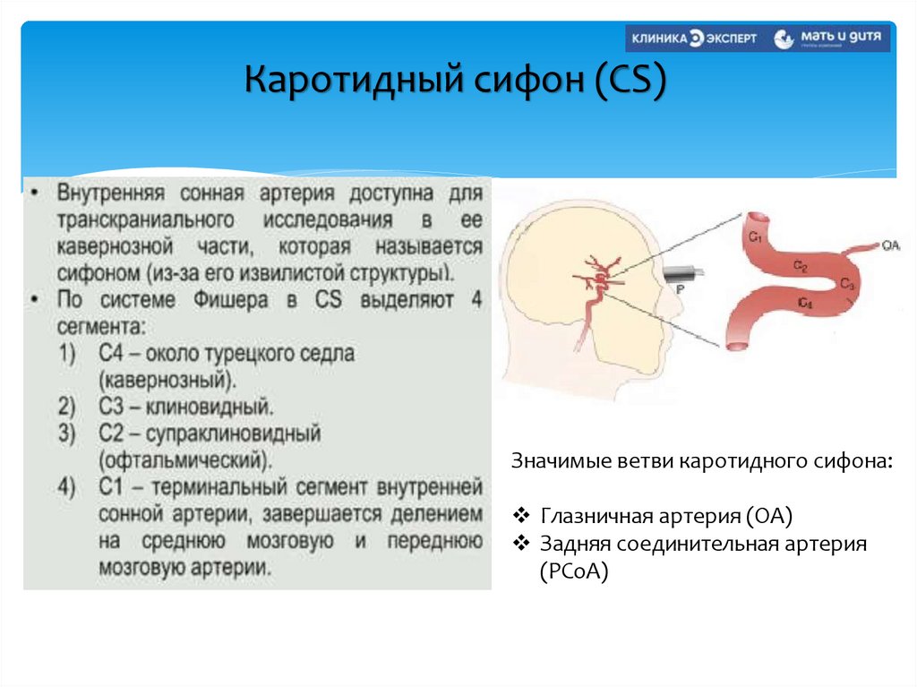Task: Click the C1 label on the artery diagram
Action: tap(755, 237)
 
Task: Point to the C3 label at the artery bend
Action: tap(847, 284)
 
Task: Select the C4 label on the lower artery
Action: tap(804, 305)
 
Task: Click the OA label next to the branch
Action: tap(890, 244)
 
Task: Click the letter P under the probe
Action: tap(681, 288)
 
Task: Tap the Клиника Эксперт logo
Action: tap(693, 39)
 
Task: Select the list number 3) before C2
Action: tap(68, 434)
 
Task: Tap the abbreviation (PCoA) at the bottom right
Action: tap(573, 571)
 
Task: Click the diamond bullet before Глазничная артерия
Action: tap(522, 517)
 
